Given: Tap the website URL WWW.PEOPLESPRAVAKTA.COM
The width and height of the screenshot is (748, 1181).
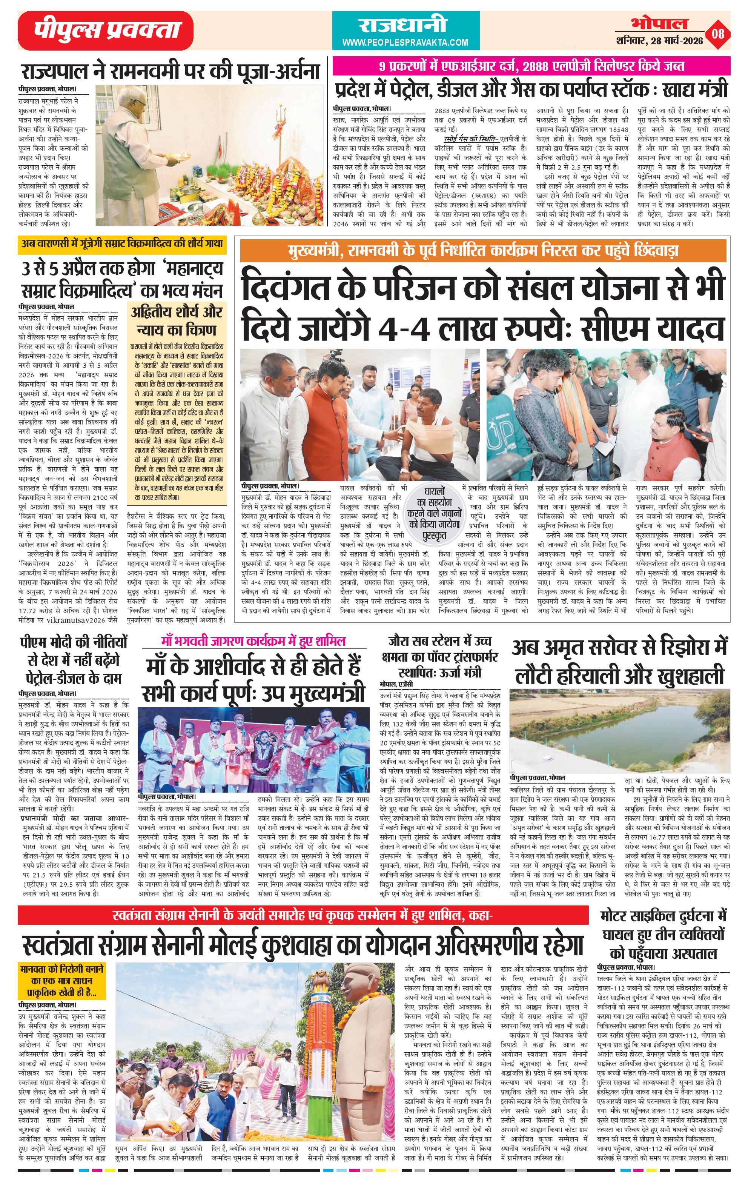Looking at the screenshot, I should pos(405,43).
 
